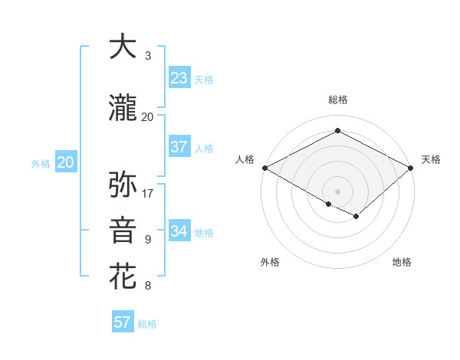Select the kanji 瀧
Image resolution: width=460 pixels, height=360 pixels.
click(x=123, y=109)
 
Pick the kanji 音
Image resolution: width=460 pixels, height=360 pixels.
click(x=123, y=231)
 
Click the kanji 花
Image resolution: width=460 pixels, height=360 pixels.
click(x=123, y=277)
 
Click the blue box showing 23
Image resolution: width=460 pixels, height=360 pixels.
click(x=179, y=78)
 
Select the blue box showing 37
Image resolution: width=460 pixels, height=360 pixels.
click(x=179, y=147)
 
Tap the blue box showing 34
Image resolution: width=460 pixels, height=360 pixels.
click(x=179, y=231)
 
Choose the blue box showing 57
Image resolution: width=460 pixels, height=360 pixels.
click(x=122, y=322)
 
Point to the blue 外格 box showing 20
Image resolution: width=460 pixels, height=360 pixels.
click(x=65, y=162)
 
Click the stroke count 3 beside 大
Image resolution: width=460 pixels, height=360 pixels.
click(x=148, y=56)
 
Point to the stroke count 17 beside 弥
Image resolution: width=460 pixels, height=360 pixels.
click(x=148, y=194)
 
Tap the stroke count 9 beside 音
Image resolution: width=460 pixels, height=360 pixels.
click(x=148, y=240)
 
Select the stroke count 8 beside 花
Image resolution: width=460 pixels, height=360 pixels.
click(x=148, y=286)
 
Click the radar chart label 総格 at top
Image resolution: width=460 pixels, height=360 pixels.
click(x=337, y=100)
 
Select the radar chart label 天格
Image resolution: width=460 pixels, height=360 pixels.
click(x=431, y=159)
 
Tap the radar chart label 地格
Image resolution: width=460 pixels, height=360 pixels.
click(x=402, y=262)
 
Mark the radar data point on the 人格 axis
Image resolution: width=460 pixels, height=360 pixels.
click(x=264, y=168)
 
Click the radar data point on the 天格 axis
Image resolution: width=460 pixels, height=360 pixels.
click(x=411, y=168)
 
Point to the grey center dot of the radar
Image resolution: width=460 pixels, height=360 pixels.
click(x=337, y=191)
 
